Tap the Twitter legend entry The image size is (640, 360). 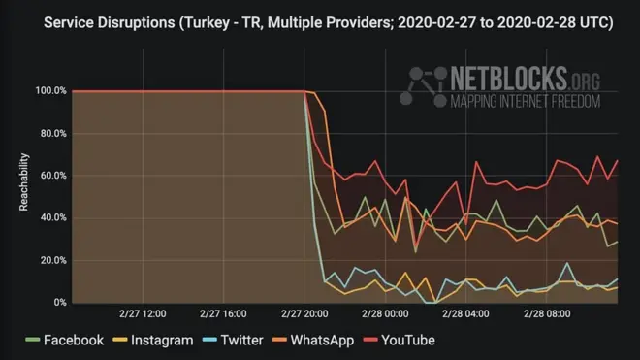click(236, 340)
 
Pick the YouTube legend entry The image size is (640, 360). click(400, 340)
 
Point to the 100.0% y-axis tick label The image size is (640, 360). click(50, 91)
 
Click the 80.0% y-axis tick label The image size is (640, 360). click(52, 134)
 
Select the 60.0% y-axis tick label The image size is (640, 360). click(52, 176)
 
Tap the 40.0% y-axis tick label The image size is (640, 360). click(52, 218)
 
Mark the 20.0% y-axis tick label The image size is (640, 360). click(52, 260)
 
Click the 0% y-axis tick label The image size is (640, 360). click(59, 303)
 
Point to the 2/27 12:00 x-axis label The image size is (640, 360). click(144, 314)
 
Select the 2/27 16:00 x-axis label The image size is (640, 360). click(224, 314)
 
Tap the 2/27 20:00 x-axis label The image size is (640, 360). click(304, 314)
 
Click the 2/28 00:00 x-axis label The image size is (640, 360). click(385, 314)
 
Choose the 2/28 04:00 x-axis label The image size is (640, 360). click(465, 314)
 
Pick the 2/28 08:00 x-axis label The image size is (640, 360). click(546, 314)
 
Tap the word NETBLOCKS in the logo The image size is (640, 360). click(512, 78)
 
